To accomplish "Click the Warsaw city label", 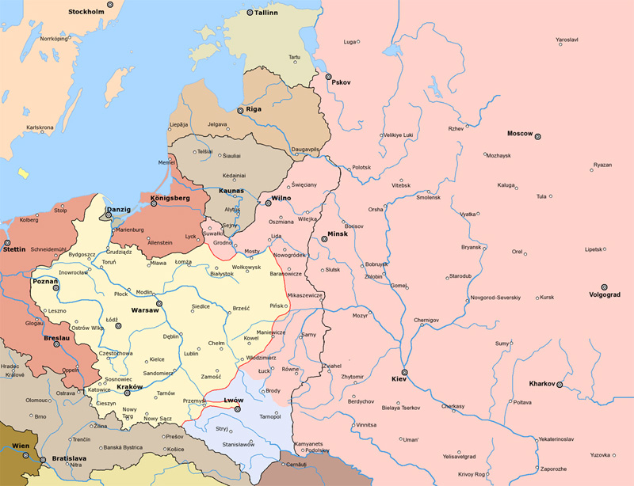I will [145, 310].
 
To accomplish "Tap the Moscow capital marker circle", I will [538, 136].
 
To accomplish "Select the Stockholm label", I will [86, 13].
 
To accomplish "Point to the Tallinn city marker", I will [250, 13].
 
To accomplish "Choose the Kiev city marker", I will [405, 371].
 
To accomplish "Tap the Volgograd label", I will [605, 298].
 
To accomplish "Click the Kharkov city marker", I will [560, 385].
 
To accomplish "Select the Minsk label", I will [338, 234].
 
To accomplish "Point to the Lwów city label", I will [234, 401].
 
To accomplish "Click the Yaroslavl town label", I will [567, 40].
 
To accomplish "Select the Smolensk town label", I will [428, 198].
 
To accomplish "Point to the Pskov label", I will [342, 83].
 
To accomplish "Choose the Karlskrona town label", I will [40, 127].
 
